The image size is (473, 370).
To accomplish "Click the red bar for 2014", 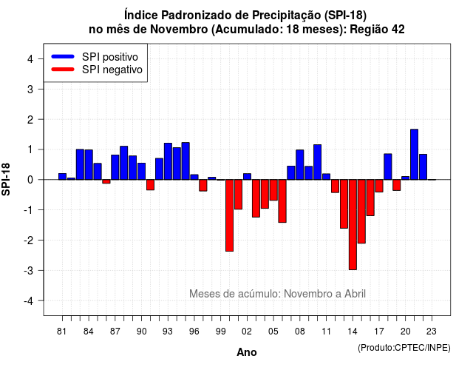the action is (x=353, y=224).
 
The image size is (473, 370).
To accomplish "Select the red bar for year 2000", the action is (x=230, y=215).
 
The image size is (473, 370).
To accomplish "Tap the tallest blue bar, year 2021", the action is (x=414, y=155).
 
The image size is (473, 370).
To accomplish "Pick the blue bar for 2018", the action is (x=388, y=166).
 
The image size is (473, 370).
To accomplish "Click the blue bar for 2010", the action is (x=317, y=162).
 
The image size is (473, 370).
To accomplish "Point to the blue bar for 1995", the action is (x=186, y=161).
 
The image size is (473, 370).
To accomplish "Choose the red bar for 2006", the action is (x=282, y=201).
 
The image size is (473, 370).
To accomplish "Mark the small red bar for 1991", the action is (x=150, y=185).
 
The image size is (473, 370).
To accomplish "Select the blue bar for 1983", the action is (x=80, y=164).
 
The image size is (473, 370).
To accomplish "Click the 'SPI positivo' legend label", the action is (x=110, y=57).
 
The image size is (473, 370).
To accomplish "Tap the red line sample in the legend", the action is (x=63, y=70).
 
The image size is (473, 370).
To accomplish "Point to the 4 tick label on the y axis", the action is (x=30, y=59).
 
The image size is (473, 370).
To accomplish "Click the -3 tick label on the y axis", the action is (x=28, y=270).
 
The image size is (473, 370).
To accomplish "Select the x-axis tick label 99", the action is (x=221, y=332).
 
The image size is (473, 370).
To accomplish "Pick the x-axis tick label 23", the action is (x=432, y=332).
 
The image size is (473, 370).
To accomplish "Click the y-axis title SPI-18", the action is (x=6, y=179).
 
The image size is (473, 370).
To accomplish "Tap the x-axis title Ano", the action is (x=247, y=352).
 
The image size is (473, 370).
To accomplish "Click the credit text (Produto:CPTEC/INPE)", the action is (x=404, y=348).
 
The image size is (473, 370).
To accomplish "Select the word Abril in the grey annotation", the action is (x=355, y=294).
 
